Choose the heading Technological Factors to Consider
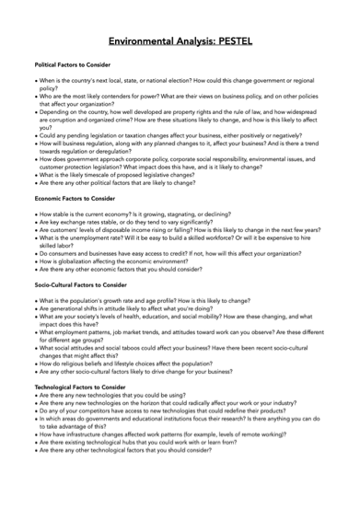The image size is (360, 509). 80,388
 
